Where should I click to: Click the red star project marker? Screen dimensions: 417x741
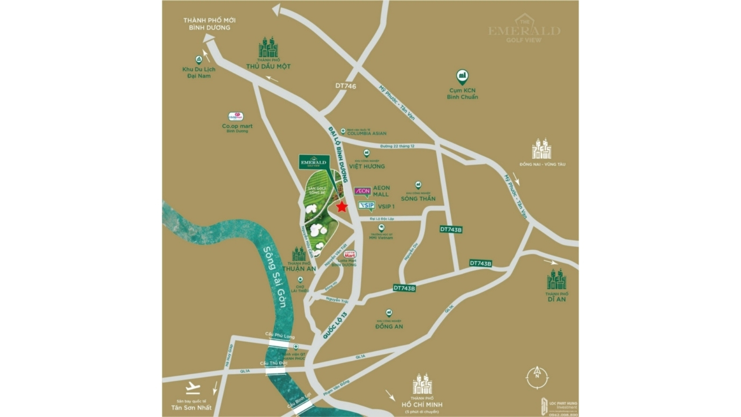341,207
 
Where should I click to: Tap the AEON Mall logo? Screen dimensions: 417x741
363,192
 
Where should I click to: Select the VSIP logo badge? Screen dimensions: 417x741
367,206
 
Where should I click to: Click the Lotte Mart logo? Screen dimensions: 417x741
350,255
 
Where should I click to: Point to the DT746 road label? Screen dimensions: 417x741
345,86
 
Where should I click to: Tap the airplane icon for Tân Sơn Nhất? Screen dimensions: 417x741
193,388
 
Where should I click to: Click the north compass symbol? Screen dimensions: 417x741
537,378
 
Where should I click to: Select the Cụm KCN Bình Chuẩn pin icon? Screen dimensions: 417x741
462,77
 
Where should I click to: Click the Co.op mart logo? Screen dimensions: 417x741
236,116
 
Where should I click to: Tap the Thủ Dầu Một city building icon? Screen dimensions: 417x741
268,48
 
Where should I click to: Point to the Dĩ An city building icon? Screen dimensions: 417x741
557,279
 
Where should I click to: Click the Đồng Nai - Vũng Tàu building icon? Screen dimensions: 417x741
542,149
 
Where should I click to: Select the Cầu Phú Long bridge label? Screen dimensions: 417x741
280,336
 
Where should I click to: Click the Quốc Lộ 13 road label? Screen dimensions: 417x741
335,325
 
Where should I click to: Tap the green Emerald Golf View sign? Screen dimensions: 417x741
314,162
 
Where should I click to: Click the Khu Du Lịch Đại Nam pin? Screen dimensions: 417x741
199,60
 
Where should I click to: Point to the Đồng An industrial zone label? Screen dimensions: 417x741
389,326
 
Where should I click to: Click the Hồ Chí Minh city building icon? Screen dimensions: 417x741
422,384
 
